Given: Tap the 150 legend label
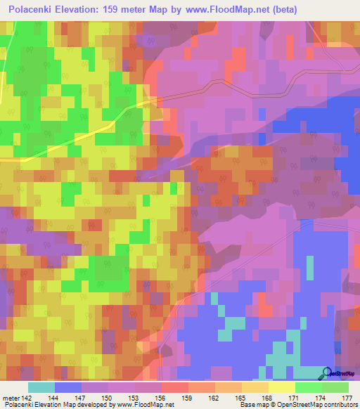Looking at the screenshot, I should pyautogui.click(x=108, y=398).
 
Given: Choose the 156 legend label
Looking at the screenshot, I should pyautogui.click(x=161, y=398).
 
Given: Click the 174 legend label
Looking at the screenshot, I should pyautogui.click(x=320, y=398).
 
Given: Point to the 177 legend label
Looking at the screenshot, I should pyautogui.click(x=347, y=398).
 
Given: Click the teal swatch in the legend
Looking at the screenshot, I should pyautogui.click(x=41, y=387).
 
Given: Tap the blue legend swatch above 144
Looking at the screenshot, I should pyautogui.click(x=68, y=387).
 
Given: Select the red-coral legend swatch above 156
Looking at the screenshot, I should pyautogui.click(x=175, y=387).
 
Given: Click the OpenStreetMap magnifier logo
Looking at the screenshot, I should pyautogui.click(x=327, y=373).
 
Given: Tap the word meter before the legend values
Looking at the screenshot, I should pyautogui.click(x=11, y=398).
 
